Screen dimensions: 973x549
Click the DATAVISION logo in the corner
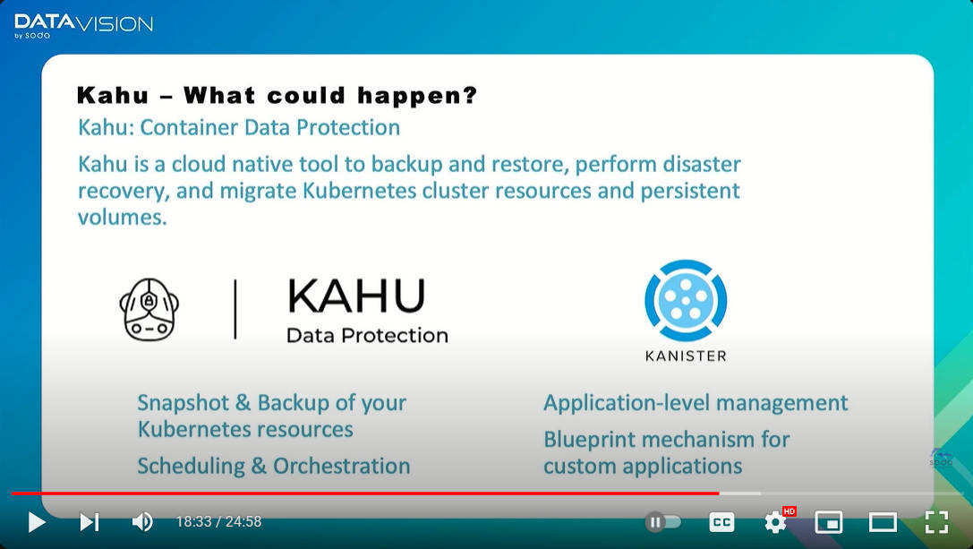(x=84, y=26)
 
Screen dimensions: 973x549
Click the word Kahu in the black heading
(x=113, y=96)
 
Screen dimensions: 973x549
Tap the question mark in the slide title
(x=469, y=95)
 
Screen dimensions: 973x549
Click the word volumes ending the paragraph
(x=123, y=218)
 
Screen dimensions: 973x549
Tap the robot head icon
(x=149, y=309)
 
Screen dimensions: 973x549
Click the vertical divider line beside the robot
(x=235, y=309)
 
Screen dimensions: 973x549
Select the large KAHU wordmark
(x=356, y=296)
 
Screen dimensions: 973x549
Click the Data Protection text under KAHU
(x=367, y=335)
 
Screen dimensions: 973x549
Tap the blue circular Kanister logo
(x=686, y=300)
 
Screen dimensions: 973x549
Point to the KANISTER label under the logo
(x=686, y=356)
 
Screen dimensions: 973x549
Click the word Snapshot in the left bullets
(x=184, y=403)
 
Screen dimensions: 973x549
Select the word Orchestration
(x=342, y=466)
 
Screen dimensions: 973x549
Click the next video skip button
(x=90, y=521)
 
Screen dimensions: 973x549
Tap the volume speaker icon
(x=142, y=521)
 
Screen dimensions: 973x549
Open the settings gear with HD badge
(x=777, y=520)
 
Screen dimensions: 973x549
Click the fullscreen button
(x=936, y=521)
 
